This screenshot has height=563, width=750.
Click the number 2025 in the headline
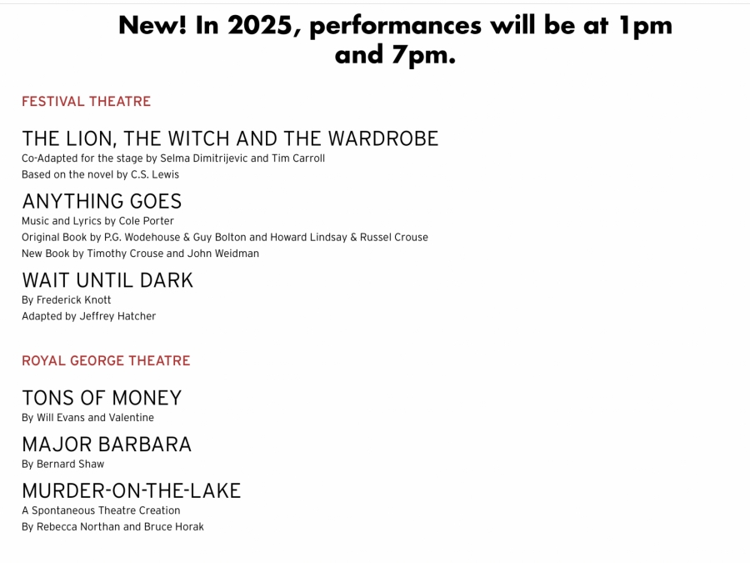pos(260,25)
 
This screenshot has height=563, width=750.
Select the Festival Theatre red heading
pos(86,102)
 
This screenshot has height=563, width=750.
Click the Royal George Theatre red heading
pos(106,360)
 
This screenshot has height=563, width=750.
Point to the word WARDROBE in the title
pos(383,138)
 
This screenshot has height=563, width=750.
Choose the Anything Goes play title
pos(102,202)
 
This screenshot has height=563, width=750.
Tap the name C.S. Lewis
pos(155,175)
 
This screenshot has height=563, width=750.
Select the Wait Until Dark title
pos(107,280)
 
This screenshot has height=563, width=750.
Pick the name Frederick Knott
pos(73,300)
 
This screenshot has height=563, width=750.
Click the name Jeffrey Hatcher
pos(117,316)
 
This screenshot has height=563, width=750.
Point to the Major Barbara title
pos(107,445)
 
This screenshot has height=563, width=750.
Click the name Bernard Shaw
pos(70,465)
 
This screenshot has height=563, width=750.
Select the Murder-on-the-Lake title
pos(132,491)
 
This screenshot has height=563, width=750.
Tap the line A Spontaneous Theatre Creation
pos(101,510)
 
